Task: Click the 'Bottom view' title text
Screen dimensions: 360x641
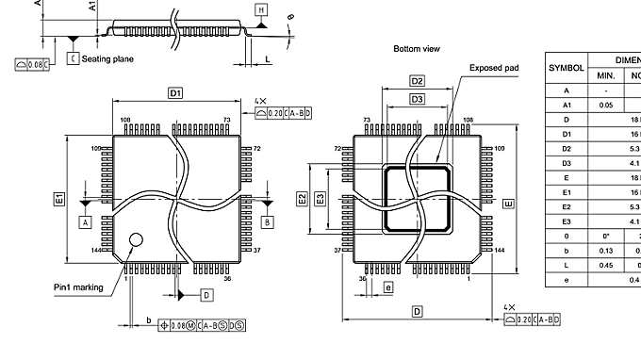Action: click(x=417, y=48)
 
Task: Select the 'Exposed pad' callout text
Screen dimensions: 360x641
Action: click(x=494, y=69)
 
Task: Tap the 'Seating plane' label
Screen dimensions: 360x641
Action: click(x=107, y=58)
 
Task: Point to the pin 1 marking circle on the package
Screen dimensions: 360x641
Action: click(x=137, y=242)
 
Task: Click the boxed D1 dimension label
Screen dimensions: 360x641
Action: click(x=175, y=92)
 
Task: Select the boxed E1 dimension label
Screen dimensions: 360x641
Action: click(x=58, y=199)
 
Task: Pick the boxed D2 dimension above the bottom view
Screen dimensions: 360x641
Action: click(x=418, y=82)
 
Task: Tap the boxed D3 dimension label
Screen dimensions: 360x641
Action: click(x=417, y=99)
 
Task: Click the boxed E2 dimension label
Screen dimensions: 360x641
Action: click(x=302, y=198)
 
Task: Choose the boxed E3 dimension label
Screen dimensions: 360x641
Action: click(x=320, y=198)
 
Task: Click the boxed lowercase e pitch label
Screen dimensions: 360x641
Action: click(x=388, y=286)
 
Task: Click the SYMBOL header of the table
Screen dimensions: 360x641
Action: click(x=566, y=68)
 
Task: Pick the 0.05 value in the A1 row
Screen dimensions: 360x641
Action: click(x=605, y=106)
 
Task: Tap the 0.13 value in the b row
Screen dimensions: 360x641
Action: click(x=605, y=251)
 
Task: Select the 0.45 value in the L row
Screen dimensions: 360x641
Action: click(x=605, y=265)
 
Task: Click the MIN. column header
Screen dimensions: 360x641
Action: click(x=605, y=75)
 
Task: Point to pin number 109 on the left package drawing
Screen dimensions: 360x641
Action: click(x=95, y=149)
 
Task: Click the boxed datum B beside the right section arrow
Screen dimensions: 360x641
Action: click(x=267, y=221)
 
